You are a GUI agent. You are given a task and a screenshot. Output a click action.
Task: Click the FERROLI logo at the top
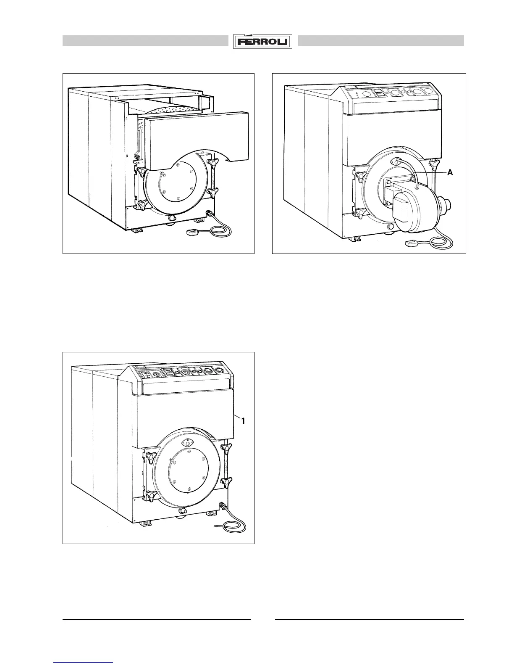click(x=263, y=42)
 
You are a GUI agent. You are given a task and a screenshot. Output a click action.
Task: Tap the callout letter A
click(x=450, y=172)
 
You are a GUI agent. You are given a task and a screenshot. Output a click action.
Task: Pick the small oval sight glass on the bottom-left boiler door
click(x=186, y=443)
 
